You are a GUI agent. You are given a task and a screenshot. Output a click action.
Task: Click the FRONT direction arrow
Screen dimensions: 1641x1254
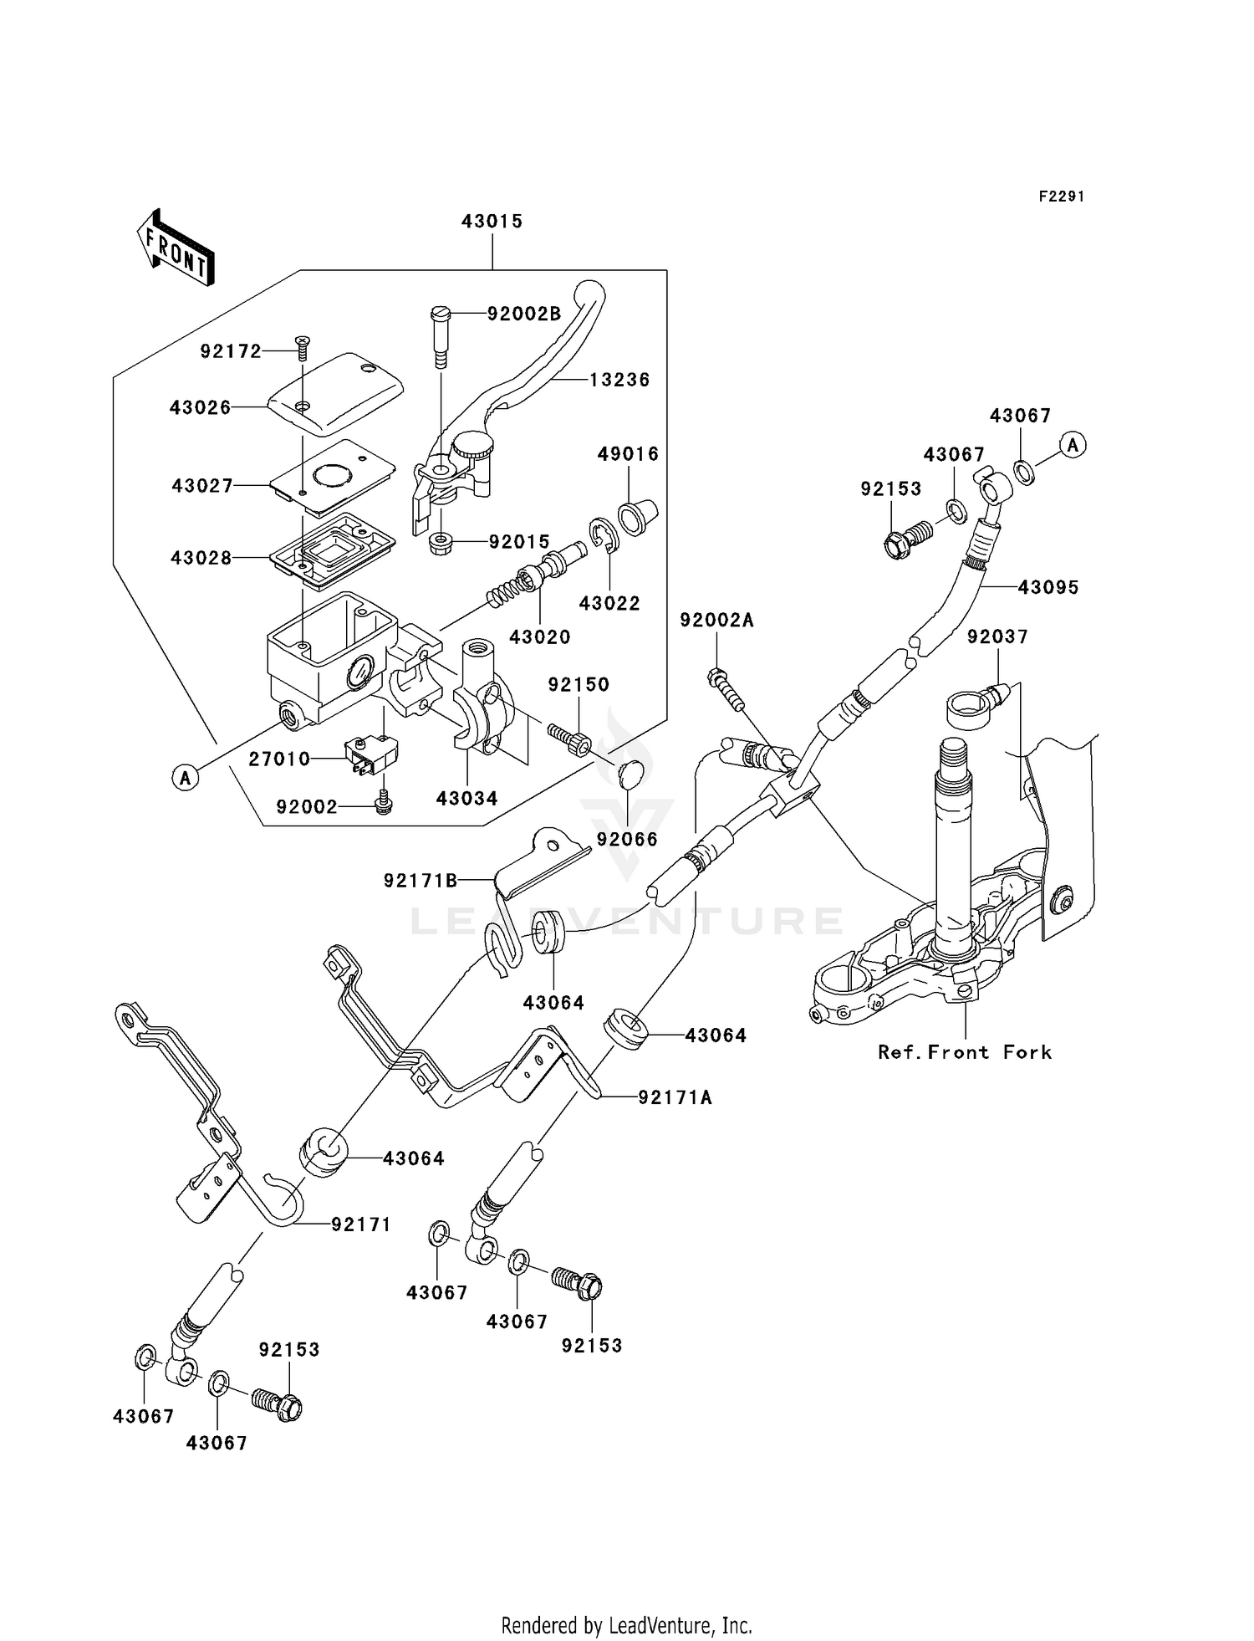click(176, 249)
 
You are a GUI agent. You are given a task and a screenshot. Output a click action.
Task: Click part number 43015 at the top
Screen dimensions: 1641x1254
click(492, 222)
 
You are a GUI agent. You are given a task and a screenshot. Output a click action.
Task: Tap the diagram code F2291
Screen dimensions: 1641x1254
click(1061, 197)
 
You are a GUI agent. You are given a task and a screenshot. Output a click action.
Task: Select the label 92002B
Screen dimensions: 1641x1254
click(524, 314)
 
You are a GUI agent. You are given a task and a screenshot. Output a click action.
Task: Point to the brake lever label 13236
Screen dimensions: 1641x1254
click(619, 380)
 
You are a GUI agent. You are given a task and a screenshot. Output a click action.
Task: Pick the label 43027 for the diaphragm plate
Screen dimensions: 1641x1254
click(202, 486)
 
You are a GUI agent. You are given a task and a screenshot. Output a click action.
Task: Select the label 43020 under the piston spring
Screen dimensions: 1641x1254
click(539, 637)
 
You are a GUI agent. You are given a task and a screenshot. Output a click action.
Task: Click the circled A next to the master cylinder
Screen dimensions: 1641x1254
click(185, 778)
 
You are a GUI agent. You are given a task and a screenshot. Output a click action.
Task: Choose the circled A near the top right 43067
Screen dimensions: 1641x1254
click(1073, 445)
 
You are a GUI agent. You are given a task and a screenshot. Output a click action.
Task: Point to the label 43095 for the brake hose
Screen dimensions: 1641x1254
click(1048, 588)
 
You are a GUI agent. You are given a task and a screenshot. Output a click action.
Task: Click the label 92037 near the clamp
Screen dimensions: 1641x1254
click(997, 637)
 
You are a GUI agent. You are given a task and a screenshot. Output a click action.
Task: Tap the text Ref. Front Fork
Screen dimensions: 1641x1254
click(964, 1052)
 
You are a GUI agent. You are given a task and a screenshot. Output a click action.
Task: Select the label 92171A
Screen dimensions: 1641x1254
click(675, 1097)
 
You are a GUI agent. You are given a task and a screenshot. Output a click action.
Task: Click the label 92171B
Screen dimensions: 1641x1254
click(421, 881)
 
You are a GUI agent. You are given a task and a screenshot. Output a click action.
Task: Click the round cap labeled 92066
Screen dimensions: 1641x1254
click(633, 774)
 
